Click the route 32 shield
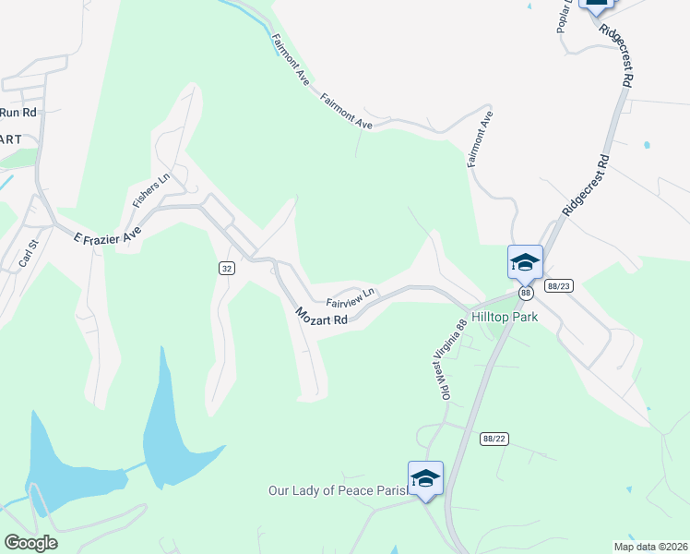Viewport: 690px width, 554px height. coord(226,268)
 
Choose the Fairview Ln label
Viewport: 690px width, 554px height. coord(351,297)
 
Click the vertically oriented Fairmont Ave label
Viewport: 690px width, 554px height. coord(481,139)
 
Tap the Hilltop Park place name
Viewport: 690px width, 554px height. coord(504,316)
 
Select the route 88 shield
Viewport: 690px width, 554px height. coord(525,293)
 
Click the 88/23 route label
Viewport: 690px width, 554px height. coord(558,286)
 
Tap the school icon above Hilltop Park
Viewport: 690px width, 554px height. coord(525,262)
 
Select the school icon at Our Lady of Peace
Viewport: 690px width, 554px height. coord(425,478)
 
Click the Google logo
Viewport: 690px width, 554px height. coord(30,543)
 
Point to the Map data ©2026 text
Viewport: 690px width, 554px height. coord(649,547)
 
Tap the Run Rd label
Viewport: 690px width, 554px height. coord(18,113)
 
